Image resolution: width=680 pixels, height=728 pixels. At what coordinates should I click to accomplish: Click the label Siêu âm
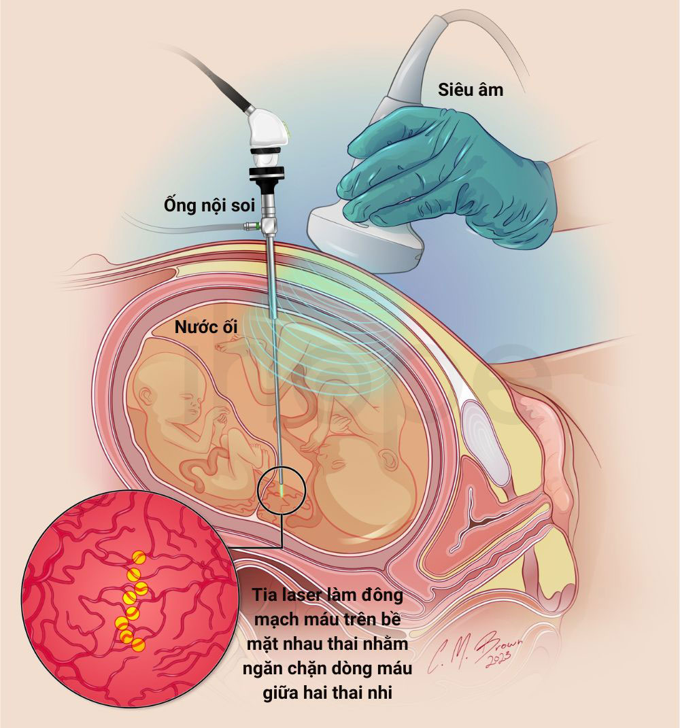[x=470, y=90]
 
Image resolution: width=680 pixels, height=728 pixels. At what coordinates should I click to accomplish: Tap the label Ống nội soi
[x=209, y=206]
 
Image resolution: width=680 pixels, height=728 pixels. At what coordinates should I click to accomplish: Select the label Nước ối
[x=206, y=327]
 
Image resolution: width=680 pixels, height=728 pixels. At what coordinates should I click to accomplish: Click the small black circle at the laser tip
[x=282, y=490]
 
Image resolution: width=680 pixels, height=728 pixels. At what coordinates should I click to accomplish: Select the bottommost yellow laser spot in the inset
[x=139, y=644]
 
